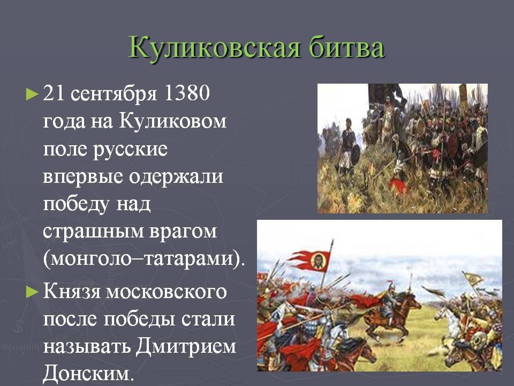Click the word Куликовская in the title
[214, 47]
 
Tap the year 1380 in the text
[186, 93]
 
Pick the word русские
[130, 150]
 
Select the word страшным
[93, 232]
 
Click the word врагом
[183, 232]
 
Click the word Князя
[71, 292]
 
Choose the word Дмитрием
[186, 346]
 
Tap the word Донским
[88, 374]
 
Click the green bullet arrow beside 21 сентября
[32, 94]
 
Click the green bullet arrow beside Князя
[32, 292]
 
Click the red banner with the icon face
[310, 261]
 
